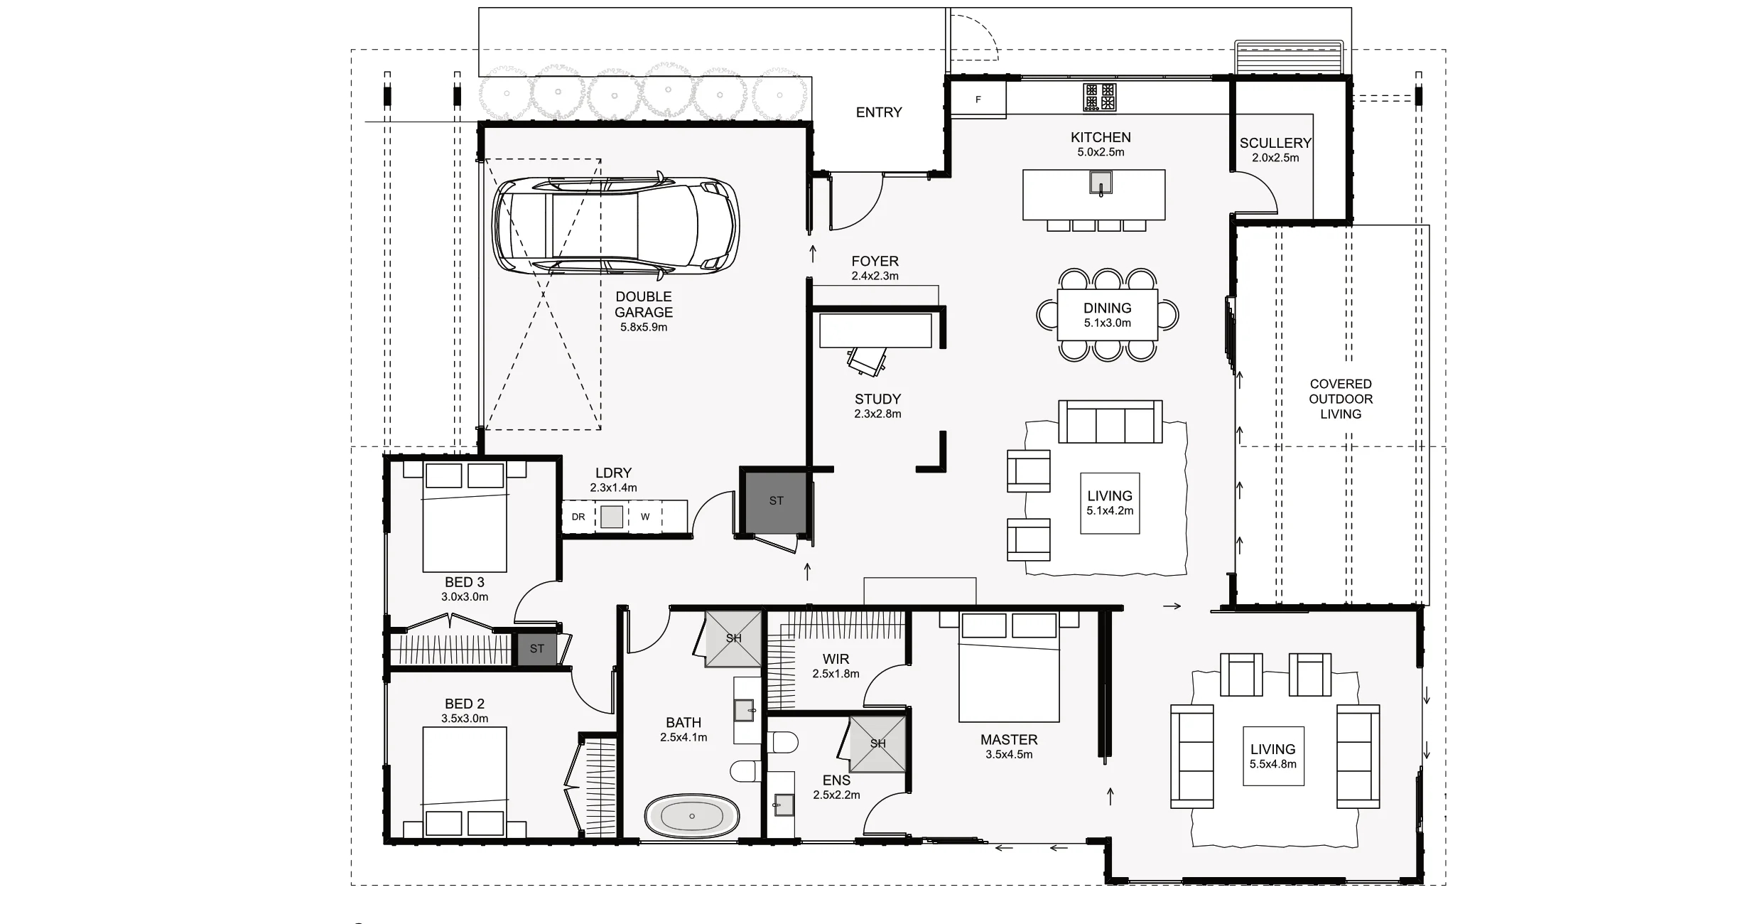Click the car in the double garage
pyautogui.click(x=615, y=225)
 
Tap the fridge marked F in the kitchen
pyautogui.click(x=978, y=100)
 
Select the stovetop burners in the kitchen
pyautogui.click(x=1099, y=97)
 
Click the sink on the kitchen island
pyautogui.click(x=1101, y=183)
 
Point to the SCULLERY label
pyautogui.click(x=1275, y=143)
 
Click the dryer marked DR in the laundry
pyautogui.click(x=578, y=517)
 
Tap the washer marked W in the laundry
pyautogui.click(x=645, y=517)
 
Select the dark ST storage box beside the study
pyautogui.click(x=775, y=500)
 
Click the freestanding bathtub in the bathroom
pyautogui.click(x=692, y=816)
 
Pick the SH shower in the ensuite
pyautogui.click(x=878, y=743)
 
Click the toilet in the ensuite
pyautogui.click(x=784, y=743)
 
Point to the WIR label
pyautogui.click(x=836, y=659)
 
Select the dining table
pyautogui.click(x=1107, y=315)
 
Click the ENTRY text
pyautogui.click(x=879, y=112)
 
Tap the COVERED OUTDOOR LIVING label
pyautogui.click(x=1340, y=399)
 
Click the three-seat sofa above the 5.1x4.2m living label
pyautogui.click(x=1110, y=422)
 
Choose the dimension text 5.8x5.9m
pyautogui.click(x=643, y=328)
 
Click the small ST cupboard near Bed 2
pyautogui.click(x=536, y=648)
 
